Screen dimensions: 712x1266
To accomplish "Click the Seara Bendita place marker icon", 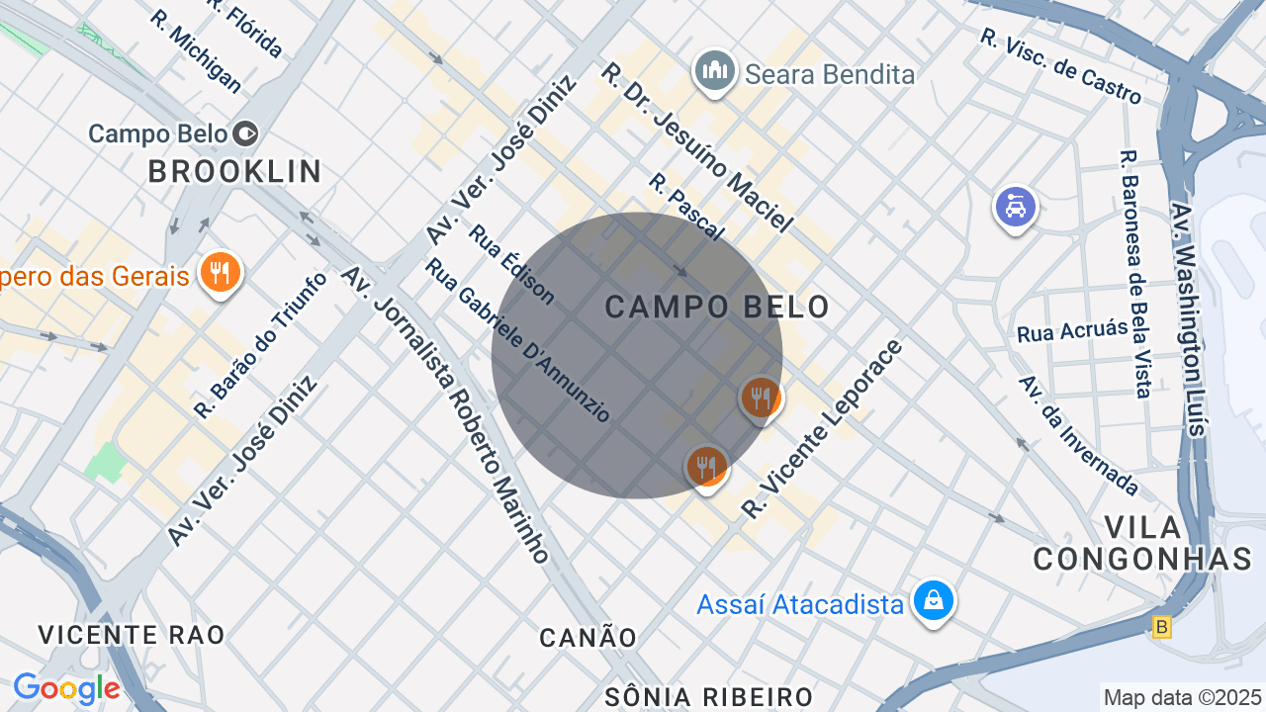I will click(x=714, y=71).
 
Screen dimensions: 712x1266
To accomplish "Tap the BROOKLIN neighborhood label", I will click(x=235, y=171).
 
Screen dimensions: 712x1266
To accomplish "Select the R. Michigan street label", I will click(x=197, y=51).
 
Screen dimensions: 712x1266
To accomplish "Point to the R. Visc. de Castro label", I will click(x=1061, y=66).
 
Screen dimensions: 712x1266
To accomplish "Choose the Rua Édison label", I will click(x=511, y=264).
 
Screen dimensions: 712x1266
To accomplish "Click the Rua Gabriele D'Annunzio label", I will click(x=519, y=340).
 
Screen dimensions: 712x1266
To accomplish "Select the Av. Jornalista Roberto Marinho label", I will click(x=446, y=414).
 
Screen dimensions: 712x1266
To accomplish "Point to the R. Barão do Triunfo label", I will click(x=261, y=344).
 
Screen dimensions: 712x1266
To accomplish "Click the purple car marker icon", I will click(x=1015, y=208).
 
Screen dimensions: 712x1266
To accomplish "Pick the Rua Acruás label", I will click(x=1072, y=330).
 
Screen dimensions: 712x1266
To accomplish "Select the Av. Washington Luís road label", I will click(x=1187, y=318).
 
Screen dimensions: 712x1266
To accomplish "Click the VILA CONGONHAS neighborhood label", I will click(x=1143, y=543).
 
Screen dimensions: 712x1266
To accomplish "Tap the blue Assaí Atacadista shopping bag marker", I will click(x=933, y=600).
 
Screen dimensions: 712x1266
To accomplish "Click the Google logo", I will click(x=66, y=688).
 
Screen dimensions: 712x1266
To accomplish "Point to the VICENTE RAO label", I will click(x=132, y=635).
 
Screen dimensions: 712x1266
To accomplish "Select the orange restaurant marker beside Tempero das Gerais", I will click(x=220, y=272).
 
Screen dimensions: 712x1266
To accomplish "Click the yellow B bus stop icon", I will click(x=1162, y=627).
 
